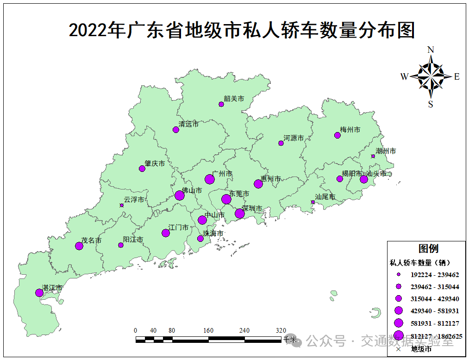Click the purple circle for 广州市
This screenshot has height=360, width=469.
click(210, 179)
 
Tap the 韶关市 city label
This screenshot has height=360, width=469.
click(234, 99)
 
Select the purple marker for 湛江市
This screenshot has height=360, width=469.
click(39, 293)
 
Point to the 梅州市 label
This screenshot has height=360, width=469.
click(350, 130)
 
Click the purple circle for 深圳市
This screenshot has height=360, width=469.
click(239, 214)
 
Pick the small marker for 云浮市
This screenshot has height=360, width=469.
click(122, 205)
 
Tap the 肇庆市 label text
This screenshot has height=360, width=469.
click(155, 164)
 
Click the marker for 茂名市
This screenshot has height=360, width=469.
click(79, 246)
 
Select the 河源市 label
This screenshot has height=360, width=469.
click(294, 138)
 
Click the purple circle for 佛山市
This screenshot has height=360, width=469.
click(180, 196)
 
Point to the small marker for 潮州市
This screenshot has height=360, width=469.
click(373, 156)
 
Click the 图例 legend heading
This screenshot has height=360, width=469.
click(428, 249)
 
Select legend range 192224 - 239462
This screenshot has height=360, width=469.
click(434, 275)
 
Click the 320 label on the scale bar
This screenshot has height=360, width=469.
click(281, 330)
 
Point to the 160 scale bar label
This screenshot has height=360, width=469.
click(208, 330)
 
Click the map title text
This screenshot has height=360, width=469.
click(241, 31)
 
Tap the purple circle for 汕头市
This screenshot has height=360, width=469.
click(364, 179)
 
